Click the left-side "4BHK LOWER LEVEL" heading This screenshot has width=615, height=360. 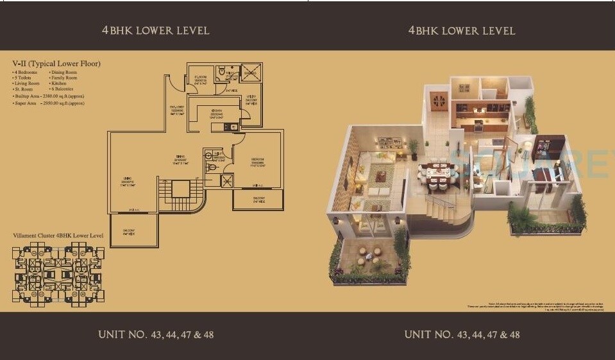(x=155, y=30)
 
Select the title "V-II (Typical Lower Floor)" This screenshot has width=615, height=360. (x=56, y=64)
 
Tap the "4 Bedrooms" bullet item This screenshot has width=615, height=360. (x=26, y=73)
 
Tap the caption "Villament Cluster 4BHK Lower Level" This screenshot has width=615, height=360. (x=58, y=236)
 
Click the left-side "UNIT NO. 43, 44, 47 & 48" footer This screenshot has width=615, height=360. (x=155, y=334)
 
